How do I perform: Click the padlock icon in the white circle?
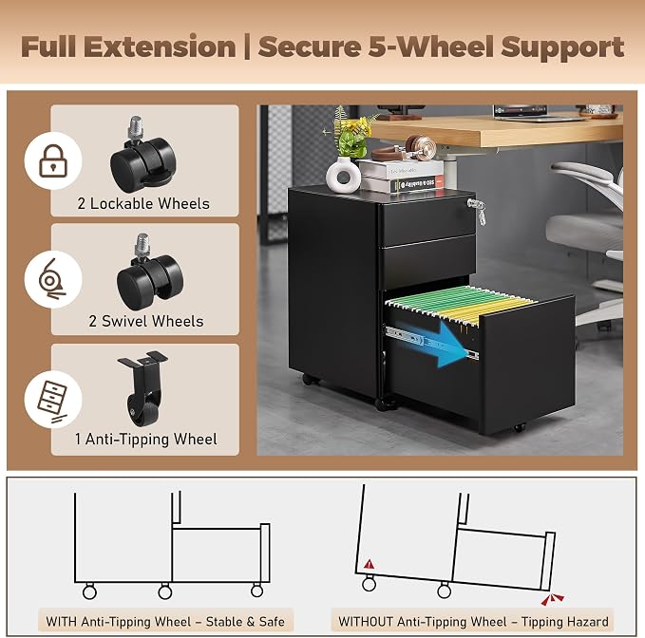pos(53,160)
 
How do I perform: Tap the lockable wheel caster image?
pos(143,154)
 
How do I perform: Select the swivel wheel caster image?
pos(149,272)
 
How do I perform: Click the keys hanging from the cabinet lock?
pos(477,210)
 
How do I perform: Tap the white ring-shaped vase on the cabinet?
pos(343,175)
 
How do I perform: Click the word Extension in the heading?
pos(160,47)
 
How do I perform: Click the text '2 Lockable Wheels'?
pos(143,203)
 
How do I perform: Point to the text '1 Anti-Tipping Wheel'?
pos(145,439)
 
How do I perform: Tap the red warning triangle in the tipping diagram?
pos(369,564)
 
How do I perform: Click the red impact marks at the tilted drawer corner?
pos(552,599)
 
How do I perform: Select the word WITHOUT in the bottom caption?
pos(366,622)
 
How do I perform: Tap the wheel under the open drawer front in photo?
pos(519,428)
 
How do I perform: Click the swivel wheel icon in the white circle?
pos(51,279)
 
